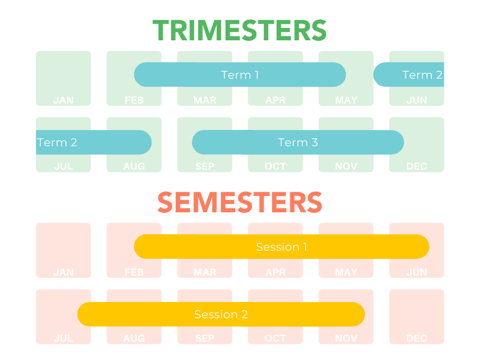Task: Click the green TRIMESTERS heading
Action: pos(240,30)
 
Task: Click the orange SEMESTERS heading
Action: pos(240,202)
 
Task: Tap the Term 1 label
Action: pos(240,75)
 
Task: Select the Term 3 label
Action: pos(298,142)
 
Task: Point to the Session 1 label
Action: pos(281,247)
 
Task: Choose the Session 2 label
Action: pos(221,315)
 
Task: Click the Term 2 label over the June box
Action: pos(422,75)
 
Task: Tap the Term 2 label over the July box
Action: pos(57,142)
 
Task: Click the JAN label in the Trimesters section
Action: pos(63,100)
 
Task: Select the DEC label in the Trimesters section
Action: pos(416,166)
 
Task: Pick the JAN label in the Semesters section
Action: pos(63,272)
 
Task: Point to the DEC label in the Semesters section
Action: pos(416,338)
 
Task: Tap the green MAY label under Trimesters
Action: pos(346,100)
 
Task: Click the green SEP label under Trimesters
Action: pos(204,166)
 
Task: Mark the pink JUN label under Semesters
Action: pos(416,272)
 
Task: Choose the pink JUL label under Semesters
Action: pos(63,338)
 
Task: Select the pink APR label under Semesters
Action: pos(275,272)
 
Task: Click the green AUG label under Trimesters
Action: pos(134,166)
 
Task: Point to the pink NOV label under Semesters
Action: pos(346,338)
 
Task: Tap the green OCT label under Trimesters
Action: pos(275,166)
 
